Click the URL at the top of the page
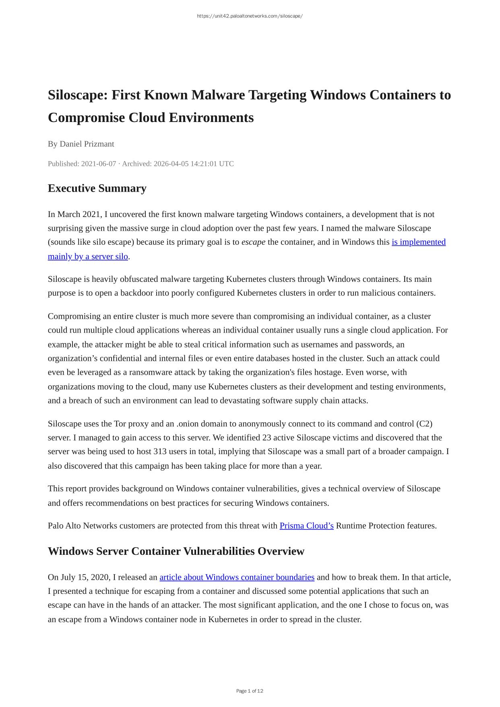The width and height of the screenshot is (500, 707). tap(250, 16)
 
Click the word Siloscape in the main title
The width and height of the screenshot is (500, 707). tap(77, 95)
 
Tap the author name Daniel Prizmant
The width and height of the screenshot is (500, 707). tap(87, 144)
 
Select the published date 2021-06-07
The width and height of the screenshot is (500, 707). tap(99, 164)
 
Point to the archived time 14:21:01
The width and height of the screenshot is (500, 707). tap(204, 164)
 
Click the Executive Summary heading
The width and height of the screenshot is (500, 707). tap(97, 188)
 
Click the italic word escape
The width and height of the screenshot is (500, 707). tap(253, 242)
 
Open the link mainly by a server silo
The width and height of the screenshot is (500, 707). tap(88, 256)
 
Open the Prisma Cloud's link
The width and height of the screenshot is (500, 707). tap(306, 526)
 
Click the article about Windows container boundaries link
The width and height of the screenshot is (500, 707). tap(237, 577)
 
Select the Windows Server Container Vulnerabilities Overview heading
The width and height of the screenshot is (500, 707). tap(176, 551)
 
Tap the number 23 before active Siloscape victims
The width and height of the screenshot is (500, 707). tap(267, 438)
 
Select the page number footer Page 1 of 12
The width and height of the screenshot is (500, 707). tap(250, 691)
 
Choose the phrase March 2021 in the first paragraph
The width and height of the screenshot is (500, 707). tap(80, 215)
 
